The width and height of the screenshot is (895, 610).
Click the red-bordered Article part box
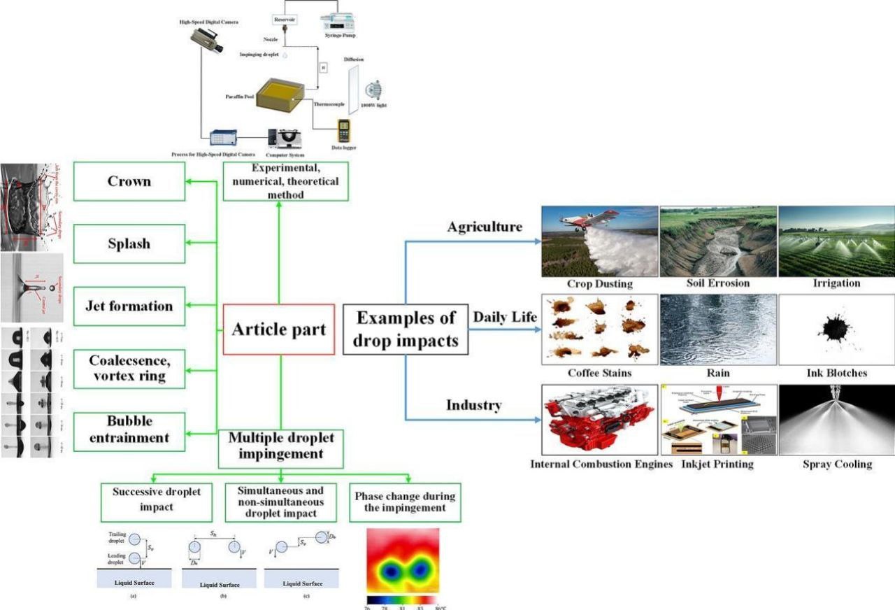(279, 329)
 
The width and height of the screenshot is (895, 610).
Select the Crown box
(129, 181)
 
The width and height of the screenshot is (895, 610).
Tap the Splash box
(129, 243)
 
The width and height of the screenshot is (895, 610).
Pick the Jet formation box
(129, 306)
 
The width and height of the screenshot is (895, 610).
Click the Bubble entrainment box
(129, 430)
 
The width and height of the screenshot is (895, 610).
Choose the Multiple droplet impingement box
(281, 446)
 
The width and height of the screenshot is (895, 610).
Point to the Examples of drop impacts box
(406, 328)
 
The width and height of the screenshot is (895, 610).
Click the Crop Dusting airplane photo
(599, 241)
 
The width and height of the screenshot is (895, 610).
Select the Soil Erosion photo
(718, 241)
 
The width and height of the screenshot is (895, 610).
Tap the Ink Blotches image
(836, 329)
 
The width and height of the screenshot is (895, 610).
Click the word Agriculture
(485, 227)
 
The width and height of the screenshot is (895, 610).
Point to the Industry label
(475, 405)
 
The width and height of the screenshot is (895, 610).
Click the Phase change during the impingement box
(405, 502)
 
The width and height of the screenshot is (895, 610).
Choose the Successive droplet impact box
(156, 499)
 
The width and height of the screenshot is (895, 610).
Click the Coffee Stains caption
(599, 373)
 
